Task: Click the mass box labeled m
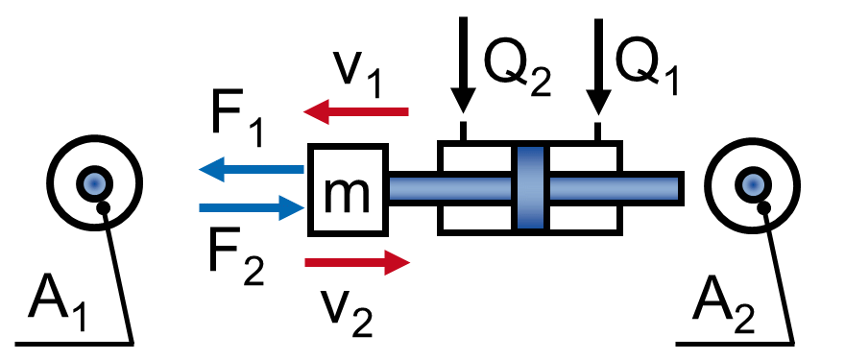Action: [347, 189]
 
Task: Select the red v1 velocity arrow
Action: [356, 113]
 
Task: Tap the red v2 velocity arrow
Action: [356, 262]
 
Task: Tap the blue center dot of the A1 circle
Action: [94, 181]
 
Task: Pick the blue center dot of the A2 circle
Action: [753, 181]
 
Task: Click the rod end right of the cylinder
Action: [653, 187]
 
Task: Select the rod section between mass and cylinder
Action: [413, 187]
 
